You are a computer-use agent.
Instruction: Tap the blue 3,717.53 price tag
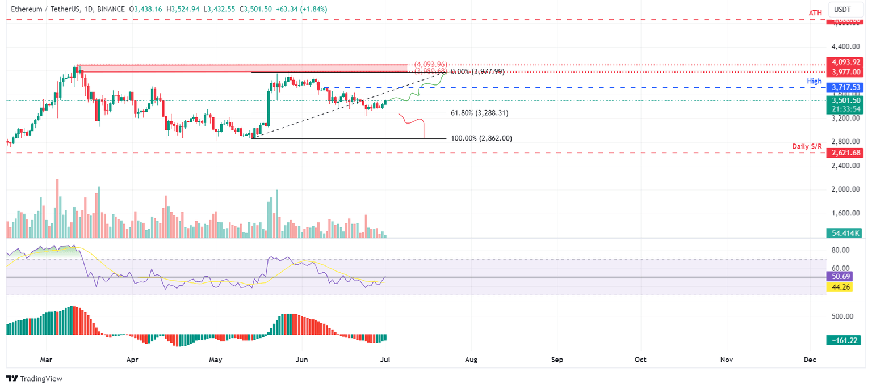click(845, 88)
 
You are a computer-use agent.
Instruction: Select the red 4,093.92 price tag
click(845, 62)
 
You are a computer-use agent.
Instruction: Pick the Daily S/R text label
click(807, 146)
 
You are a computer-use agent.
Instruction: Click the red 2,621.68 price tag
click(845, 153)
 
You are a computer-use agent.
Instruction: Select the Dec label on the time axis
click(810, 360)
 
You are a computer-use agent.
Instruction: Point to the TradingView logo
click(35, 378)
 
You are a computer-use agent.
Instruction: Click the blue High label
click(815, 81)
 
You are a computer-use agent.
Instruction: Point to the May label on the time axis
click(215, 360)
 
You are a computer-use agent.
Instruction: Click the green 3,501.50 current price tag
click(845, 100)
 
